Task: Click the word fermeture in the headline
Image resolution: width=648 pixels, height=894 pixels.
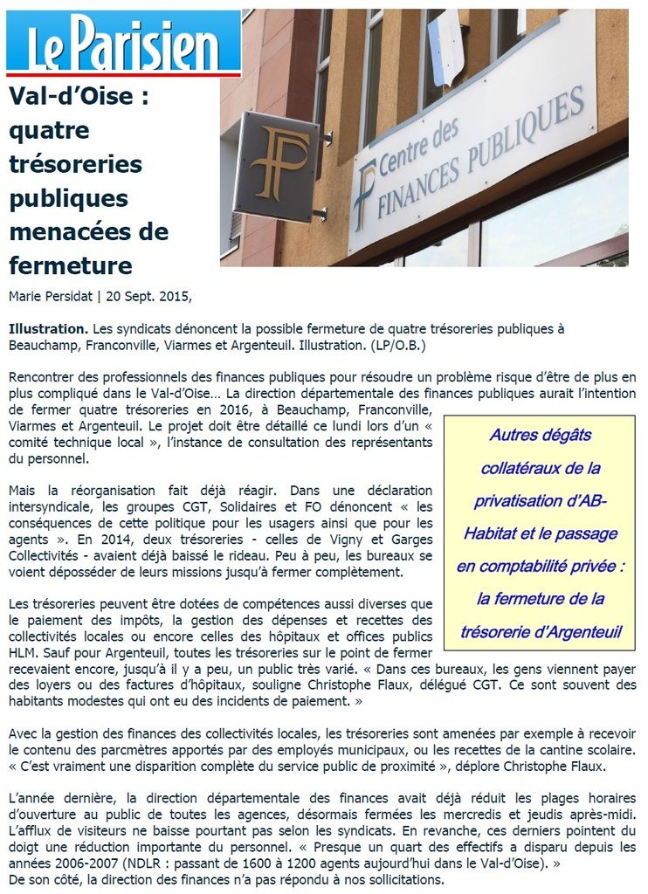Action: pyautogui.click(x=70, y=265)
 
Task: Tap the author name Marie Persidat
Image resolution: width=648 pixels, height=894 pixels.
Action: pyautogui.click(x=52, y=297)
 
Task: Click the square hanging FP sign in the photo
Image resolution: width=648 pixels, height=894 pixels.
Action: pyautogui.click(x=277, y=166)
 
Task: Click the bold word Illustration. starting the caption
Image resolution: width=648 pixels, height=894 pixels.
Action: pyautogui.click(x=48, y=329)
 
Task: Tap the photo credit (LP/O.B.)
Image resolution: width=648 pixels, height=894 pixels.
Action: pyautogui.click(x=385, y=346)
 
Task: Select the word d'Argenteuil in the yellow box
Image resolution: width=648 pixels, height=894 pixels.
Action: pyautogui.click(x=576, y=632)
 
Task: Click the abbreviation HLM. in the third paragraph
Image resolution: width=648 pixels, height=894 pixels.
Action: pyautogui.click(x=23, y=651)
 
